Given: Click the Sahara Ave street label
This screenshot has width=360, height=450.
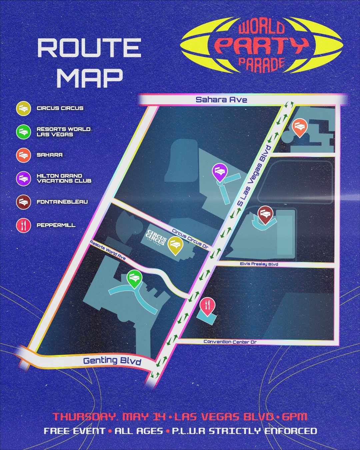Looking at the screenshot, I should pos(221,100).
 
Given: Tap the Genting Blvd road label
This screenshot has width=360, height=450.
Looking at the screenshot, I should pos(112,361).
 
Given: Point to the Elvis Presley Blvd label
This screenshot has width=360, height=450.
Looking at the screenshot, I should pos(259,264).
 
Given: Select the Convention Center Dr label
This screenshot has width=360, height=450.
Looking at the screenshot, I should pos(230,342).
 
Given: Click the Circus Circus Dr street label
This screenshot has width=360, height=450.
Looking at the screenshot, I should pos(190,239).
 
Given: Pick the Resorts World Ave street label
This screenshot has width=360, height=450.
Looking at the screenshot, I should pos(108,250).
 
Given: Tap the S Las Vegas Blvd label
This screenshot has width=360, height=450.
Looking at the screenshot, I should pos(255,175).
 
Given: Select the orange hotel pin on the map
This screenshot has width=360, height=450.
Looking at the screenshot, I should pos(299,127).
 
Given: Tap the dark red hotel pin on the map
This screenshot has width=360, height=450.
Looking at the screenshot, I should pos(265,214).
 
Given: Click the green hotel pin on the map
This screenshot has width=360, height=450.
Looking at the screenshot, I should pos(134,278).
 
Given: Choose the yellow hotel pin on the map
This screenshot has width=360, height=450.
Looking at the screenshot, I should pos(175,245).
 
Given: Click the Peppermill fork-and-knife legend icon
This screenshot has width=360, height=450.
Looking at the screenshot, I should pos(23,225).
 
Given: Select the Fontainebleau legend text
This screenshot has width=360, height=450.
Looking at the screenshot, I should pos(62,202).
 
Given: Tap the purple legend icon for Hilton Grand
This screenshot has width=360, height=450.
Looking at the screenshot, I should pos(23,179).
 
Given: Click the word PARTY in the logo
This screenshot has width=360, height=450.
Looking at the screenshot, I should pos(262,45).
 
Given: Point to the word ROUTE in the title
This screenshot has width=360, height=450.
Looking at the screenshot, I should pos(89,48).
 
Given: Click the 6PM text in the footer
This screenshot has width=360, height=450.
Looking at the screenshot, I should pos(294,417).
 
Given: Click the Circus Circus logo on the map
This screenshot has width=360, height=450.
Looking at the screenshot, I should pos(156,238).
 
